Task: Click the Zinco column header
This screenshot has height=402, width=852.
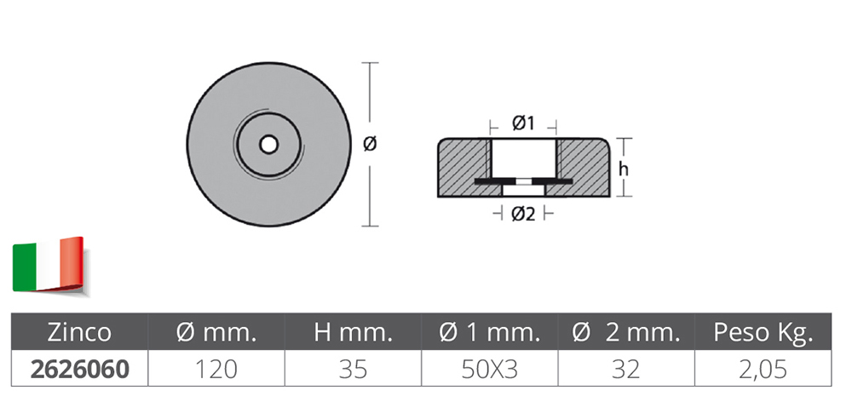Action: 79,332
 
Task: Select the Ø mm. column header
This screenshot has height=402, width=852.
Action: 216,332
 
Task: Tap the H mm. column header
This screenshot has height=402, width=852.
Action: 354,332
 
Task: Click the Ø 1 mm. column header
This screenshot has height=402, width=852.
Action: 490,332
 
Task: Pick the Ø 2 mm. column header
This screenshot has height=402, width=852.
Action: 626,332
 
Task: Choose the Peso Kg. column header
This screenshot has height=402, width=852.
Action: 763,333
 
